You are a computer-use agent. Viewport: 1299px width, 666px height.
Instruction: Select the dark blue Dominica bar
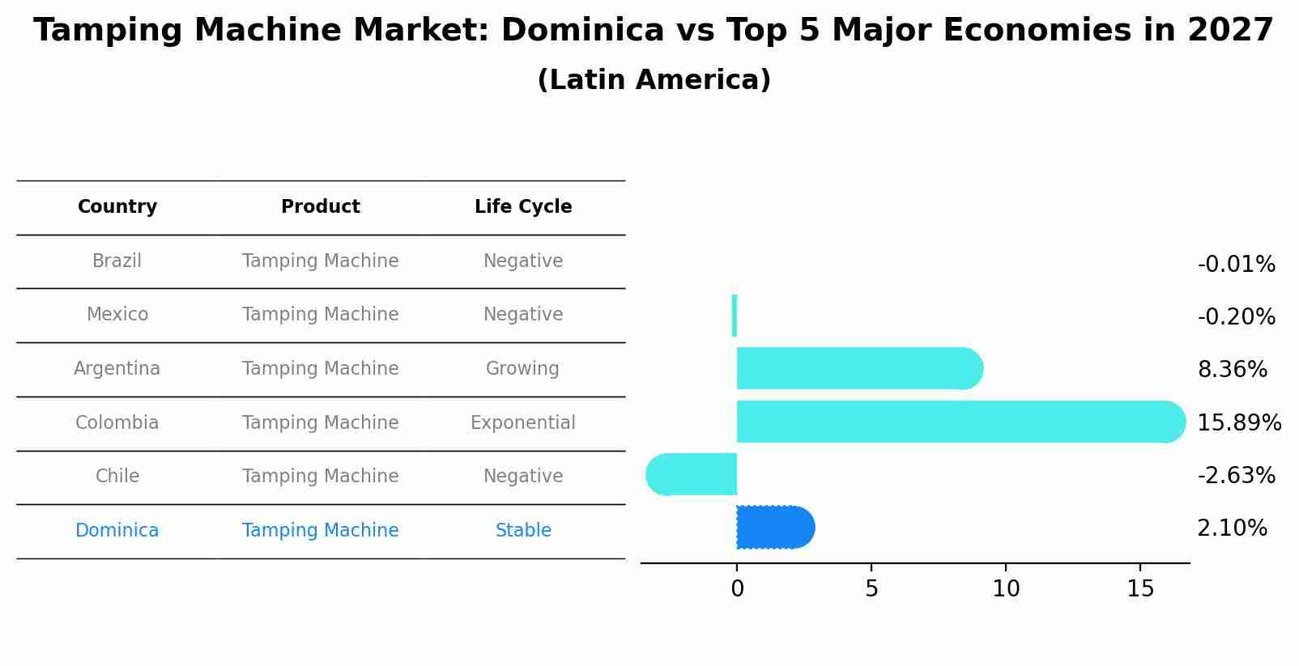[x=774, y=528]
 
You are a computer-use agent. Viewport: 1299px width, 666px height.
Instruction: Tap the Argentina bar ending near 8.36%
[x=858, y=368]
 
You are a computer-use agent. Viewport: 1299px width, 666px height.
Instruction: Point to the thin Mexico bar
[x=735, y=316]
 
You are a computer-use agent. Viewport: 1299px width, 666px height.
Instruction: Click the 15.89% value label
[x=1238, y=422]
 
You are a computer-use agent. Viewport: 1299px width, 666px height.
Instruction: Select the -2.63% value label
[x=1236, y=475]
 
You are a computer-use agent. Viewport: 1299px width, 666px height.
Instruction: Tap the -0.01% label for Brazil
[x=1236, y=265]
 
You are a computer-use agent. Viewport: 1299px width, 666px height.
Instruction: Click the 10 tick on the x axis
[x=1006, y=589]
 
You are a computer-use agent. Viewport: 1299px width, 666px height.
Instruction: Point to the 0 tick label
[x=737, y=589]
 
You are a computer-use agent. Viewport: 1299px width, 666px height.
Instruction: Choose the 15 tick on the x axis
[x=1140, y=589]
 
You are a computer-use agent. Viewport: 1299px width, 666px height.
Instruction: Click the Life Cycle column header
[x=523, y=207]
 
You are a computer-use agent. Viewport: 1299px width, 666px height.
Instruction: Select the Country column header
[x=117, y=207]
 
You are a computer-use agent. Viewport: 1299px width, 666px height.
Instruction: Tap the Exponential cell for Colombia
[x=523, y=422]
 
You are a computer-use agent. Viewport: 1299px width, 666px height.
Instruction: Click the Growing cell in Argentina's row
[x=522, y=369]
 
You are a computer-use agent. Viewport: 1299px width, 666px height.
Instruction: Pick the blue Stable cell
[x=523, y=531]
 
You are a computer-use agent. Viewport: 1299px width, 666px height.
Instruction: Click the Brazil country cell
[x=117, y=261]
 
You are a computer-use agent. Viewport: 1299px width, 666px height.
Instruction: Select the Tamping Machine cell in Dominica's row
[x=320, y=531]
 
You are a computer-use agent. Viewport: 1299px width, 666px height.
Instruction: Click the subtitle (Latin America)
[x=654, y=80]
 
